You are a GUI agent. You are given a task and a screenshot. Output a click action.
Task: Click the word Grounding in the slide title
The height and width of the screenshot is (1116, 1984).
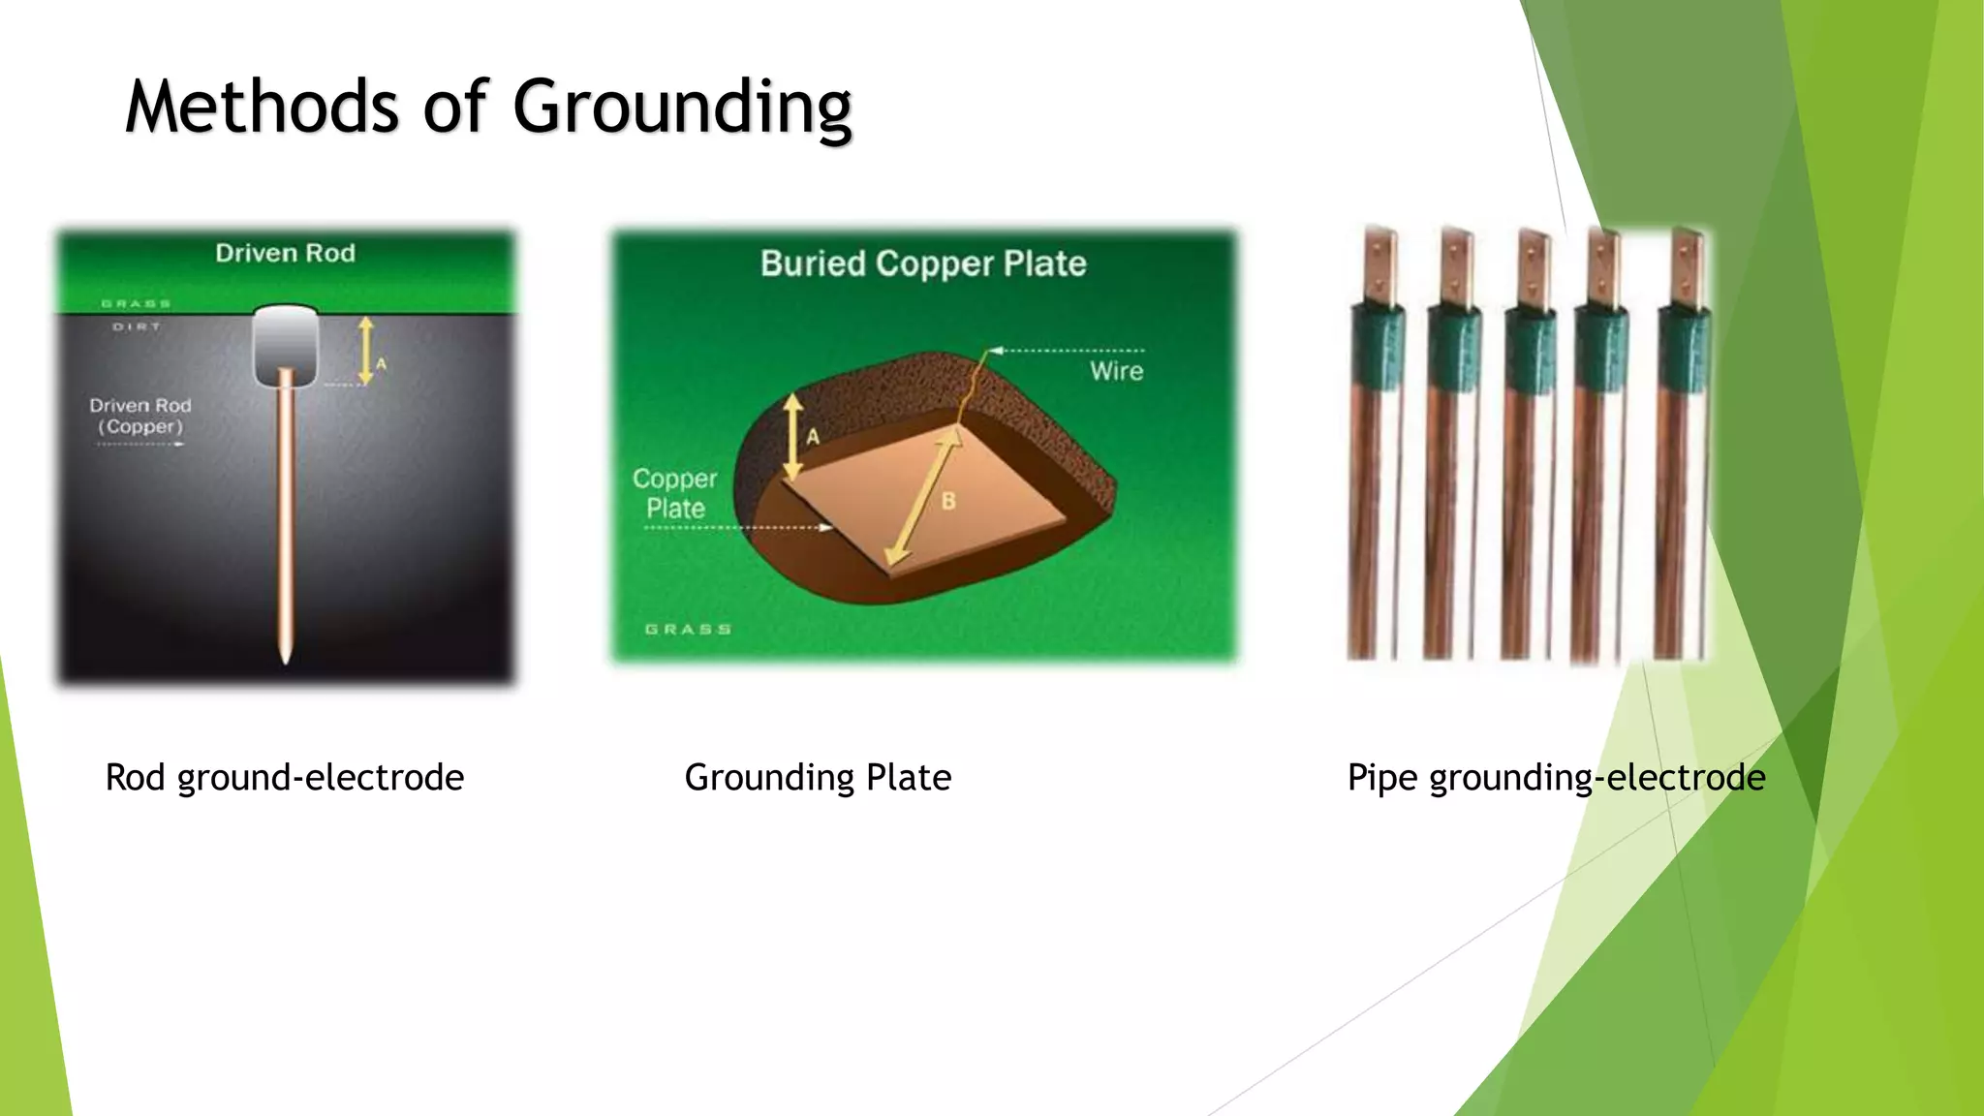(682, 108)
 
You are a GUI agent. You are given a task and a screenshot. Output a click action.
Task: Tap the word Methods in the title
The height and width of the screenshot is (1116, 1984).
(262, 107)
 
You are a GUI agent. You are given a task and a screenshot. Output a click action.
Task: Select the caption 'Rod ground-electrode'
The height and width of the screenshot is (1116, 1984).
(284, 778)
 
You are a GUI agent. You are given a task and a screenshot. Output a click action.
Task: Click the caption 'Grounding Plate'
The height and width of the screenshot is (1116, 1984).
(818, 778)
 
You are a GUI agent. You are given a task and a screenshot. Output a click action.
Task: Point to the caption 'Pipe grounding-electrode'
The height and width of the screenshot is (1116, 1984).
(1556, 778)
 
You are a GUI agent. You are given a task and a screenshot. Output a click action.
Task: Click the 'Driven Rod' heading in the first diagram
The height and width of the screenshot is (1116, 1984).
(285, 254)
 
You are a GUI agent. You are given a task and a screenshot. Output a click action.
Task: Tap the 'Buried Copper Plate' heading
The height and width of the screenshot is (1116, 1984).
(923, 263)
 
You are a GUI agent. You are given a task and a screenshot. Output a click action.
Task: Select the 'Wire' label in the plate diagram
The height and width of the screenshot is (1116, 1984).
(1116, 371)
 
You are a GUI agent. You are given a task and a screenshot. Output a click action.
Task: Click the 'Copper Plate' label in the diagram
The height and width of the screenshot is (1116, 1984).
(675, 493)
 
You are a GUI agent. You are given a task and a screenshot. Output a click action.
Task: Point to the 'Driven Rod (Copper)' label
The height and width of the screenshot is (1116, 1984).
(140, 416)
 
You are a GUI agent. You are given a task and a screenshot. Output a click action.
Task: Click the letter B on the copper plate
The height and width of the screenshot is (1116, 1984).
(948, 501)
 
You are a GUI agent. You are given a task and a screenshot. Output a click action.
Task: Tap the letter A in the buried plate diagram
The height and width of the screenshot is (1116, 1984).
(813, 437)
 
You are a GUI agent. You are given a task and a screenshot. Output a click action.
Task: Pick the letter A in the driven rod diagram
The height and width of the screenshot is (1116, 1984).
(382, 364)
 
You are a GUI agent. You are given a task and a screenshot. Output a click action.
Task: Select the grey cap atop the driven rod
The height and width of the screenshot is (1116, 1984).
(286, 344)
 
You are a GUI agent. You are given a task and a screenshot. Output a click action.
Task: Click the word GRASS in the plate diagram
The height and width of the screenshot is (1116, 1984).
(688, 630)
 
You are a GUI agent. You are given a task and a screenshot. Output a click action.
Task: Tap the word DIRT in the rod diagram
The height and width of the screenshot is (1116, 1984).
(137, 327)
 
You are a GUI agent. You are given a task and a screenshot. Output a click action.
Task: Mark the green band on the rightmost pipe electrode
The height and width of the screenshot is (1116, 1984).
(1685, 349)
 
